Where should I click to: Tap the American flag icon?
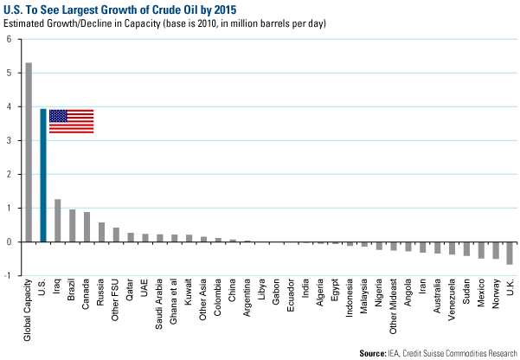[71, 121]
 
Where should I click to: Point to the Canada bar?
[87, 227]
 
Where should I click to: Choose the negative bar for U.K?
[510, 253]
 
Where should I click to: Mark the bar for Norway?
[495, 250]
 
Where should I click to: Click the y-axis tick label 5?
[9, 74]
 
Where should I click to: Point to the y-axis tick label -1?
[8, 275]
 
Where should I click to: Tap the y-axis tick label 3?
[9, 141]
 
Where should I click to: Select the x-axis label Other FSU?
[116, 299]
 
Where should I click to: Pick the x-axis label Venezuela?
[452, 299]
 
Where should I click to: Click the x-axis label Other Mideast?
[394, 304]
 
